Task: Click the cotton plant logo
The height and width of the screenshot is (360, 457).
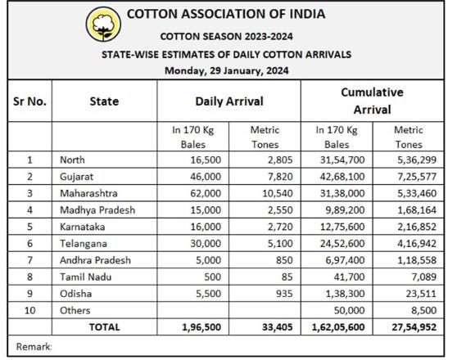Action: [103, 25]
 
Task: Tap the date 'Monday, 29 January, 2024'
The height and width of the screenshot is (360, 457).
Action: [227, 70]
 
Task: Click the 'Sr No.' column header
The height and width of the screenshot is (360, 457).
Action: [29, 101]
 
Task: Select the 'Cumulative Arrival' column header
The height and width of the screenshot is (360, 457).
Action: [372, 101]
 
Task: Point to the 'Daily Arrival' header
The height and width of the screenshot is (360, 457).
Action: [229, 101]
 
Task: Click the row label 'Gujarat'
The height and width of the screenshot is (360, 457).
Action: [76, 177]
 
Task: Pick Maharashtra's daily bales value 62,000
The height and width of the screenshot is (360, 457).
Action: [206, 193]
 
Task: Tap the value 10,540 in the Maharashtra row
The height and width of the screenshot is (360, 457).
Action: [277, 193]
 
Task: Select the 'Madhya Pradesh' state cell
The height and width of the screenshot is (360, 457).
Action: [97, 210]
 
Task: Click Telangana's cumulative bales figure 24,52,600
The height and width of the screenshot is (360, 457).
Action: [342, 243]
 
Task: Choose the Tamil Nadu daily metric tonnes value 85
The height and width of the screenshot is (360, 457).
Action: [287, 277]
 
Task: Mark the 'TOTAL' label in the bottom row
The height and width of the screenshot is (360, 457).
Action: [104, 326]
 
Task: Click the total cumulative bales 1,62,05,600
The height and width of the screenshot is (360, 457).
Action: [338, 326]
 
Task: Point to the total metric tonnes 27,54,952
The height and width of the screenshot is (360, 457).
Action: [414, 326]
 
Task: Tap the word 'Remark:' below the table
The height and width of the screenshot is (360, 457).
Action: [34, 347]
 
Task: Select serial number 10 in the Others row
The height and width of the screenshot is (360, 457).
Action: [29, 310]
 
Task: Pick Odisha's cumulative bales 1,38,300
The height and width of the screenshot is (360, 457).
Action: [345, 293]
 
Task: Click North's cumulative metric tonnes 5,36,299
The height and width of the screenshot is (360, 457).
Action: [417, 160]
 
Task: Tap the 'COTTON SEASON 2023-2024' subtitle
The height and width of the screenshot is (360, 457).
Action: [227, 36]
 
